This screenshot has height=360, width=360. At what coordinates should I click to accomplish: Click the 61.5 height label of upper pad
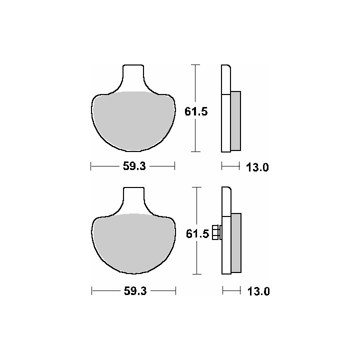(196, 112)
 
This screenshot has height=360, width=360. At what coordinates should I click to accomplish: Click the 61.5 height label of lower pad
(197, 234)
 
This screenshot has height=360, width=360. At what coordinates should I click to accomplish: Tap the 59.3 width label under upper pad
(134, 166)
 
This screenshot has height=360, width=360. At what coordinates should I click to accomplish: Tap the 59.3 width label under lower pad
(135, 291)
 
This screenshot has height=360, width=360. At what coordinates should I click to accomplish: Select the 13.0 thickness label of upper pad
(257, 167)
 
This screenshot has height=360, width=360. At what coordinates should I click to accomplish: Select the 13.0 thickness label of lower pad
(258, 291)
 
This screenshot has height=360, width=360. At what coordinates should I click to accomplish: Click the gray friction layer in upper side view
(235, 121)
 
